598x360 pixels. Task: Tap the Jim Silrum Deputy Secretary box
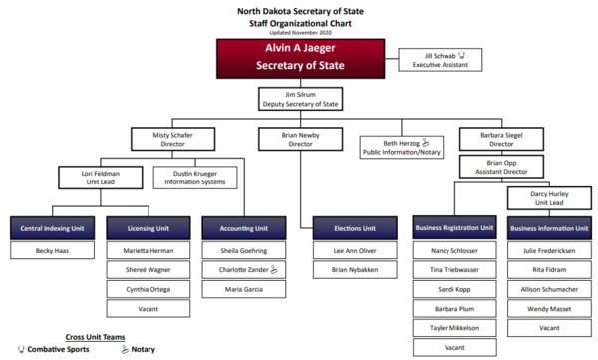click(299, 98)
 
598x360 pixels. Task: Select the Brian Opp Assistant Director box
click(495, 166)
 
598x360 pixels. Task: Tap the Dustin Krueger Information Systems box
click(195, 178)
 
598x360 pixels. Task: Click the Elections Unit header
click(355, 229)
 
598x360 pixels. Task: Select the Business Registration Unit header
click(454, 229)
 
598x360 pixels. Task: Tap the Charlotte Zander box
click(242, 269)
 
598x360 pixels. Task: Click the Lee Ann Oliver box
click(355, 250)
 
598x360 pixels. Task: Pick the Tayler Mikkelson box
click(454, 328)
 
